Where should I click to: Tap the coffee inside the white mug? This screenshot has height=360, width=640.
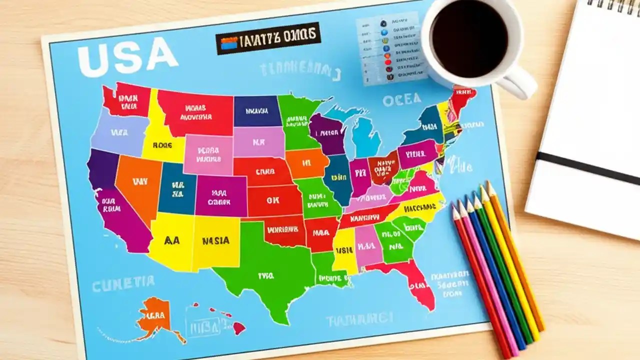pos(468,37)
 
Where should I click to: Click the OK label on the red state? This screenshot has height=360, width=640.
pos(272,200)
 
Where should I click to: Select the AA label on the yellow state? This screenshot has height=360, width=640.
pos(171,240)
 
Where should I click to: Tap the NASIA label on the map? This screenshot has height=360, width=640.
pos(216,240)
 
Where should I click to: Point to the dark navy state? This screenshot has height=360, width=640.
pos(257,111)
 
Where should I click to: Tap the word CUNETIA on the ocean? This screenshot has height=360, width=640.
pos(123,283)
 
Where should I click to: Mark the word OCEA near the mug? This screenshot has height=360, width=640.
pos(402,100)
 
